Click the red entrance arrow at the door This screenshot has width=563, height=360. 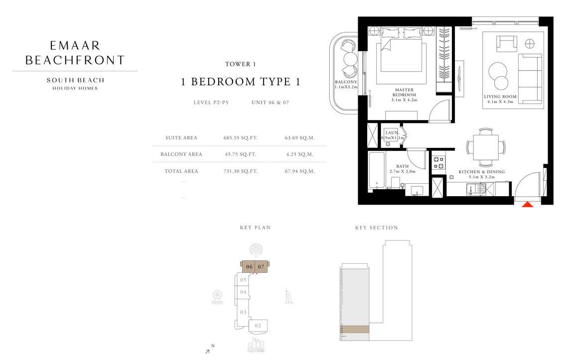point(527,203)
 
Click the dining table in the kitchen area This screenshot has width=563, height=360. point(485,147)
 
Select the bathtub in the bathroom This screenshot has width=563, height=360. point(376,170)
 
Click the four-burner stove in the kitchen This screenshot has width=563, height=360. point(439,163)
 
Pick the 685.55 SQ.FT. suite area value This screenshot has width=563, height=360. point(241,138)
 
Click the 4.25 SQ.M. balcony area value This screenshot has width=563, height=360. point(299,154)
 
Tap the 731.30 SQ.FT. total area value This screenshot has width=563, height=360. point(241,171)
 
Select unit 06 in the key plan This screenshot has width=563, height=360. point(249,267)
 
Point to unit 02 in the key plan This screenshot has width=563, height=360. point(258,326)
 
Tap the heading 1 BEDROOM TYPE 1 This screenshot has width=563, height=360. point(240,82)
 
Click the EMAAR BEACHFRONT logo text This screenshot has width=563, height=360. point(75,53)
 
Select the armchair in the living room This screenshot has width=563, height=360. point(507,43)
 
